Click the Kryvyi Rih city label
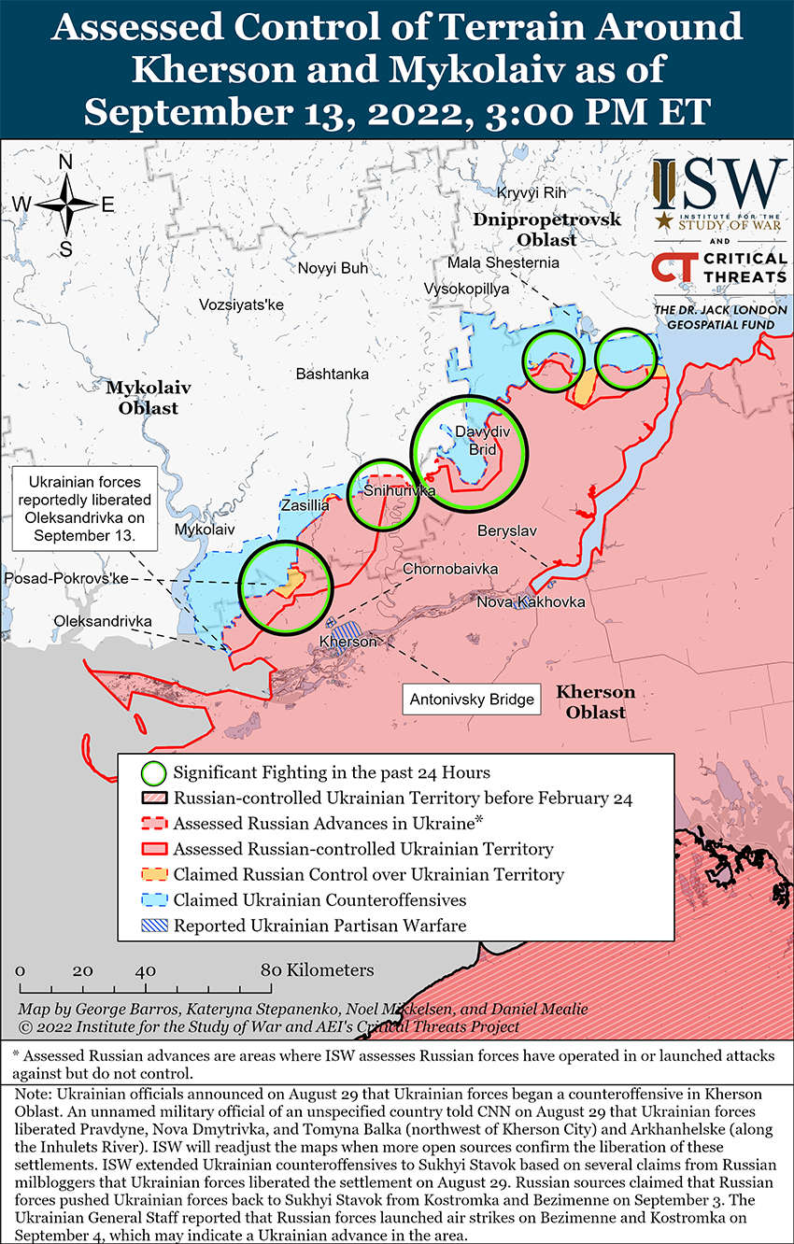(x=532, y=192)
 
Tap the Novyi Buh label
(x=333, y=268)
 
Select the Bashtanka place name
(x=332, y=374)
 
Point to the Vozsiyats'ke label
(x=241, y=304)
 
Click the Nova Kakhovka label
(x=531, y=601)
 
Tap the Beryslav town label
(x=507, y=530)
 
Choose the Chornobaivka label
(x=450, y=569)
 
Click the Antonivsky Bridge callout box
(x=473, y=699)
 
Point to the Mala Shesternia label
(x=503, y=262)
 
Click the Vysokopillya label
(x=466, y=289)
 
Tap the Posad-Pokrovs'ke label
(x=65, y=579)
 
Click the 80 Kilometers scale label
(x=318, y=969)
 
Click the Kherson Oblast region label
(x=595, y=701)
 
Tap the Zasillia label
(x=305, y=505)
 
